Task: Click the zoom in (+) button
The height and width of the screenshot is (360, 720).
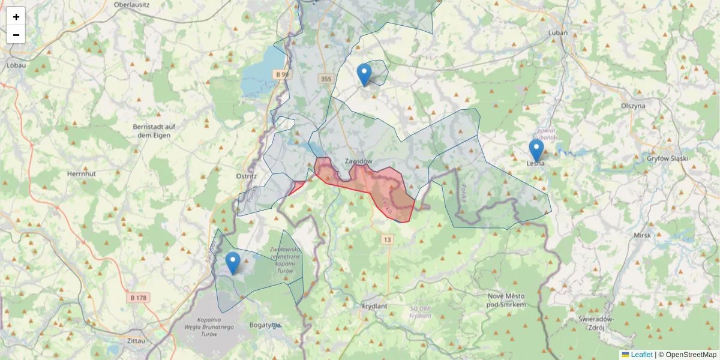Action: point(16,17)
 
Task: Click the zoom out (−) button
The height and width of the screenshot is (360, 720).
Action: point(16,35)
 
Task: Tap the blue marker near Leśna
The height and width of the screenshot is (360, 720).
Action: point(536,150)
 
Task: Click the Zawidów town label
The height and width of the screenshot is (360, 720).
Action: point(359,161)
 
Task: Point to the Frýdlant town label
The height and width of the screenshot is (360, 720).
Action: point(376,306)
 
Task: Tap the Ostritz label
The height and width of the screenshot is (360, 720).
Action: point(247,176)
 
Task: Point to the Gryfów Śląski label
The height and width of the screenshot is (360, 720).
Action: point(667,158)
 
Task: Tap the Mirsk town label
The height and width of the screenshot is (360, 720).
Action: point(642,235)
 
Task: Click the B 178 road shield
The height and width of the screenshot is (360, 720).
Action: point(139,298)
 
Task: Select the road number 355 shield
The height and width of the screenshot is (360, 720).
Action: point(326,79)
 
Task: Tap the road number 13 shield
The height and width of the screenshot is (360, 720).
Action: point(388,239)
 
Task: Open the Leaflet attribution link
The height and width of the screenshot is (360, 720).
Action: point(641,355)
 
